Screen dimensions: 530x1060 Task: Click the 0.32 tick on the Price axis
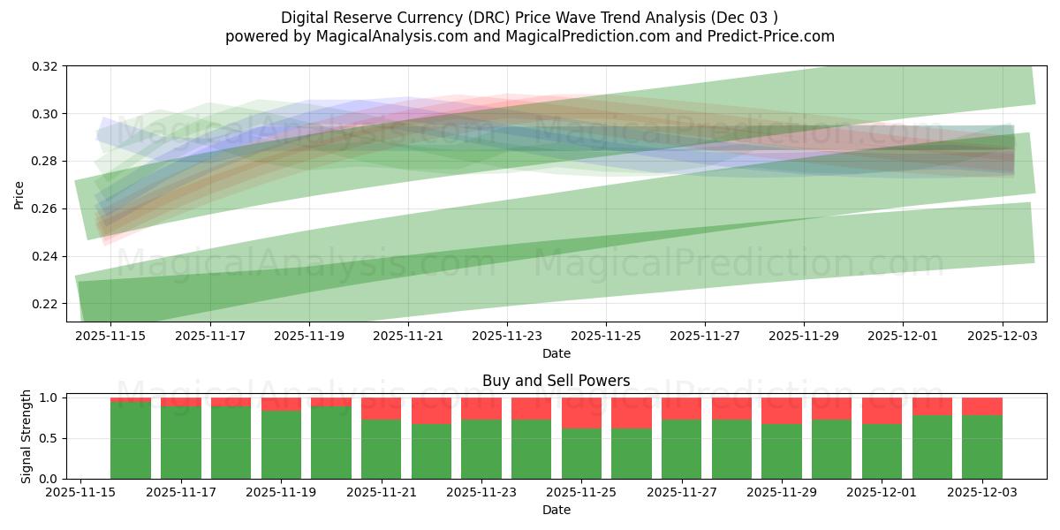pyautogui.click(x=45, y=66)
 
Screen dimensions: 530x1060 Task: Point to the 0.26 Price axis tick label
pyautogui.click(x=45, y=209)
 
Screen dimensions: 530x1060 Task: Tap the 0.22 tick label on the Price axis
pyautogui.click(x=45, y=304)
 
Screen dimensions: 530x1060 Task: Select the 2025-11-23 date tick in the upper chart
pyautogui.click(x=507, y=336)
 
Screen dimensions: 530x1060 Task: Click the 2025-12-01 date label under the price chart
pyautogui.click(x=903, y=336)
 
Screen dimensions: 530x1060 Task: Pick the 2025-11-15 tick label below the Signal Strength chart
pyautogui.click(x=80, y=493)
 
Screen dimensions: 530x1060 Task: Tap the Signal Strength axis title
pyautogui.click(x=26, y=436)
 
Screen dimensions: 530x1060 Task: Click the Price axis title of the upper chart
pyautogui.click(x=19, y=194)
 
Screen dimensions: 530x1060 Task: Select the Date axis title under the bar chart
pyautogui.click(x=556, y=510)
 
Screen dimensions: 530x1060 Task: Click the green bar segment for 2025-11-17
pyautogui.click(x=181, y=442)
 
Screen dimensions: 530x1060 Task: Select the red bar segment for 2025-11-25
pyautogui.click(x=581, y=413)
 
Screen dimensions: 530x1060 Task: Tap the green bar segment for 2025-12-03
pyautogui.click(x=982, y=446)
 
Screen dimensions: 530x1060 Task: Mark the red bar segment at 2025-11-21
pyautogui.click(x=381, y=408)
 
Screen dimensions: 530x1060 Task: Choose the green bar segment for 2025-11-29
pyautogui.click(x=782, y=450)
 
